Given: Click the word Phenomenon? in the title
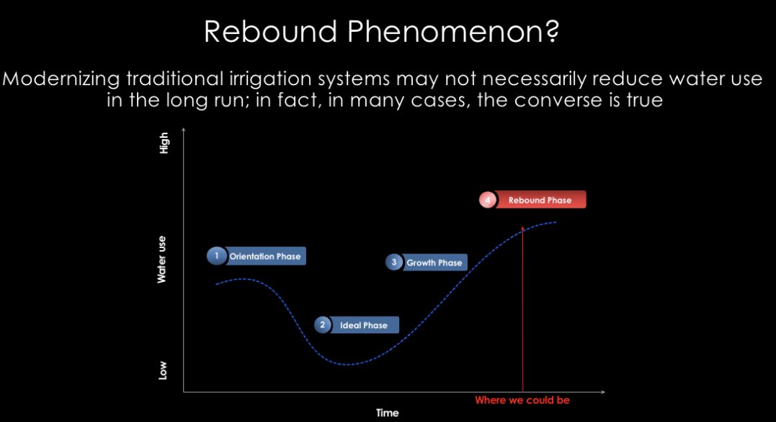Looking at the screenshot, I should pyautogui.click(x=455, y=32).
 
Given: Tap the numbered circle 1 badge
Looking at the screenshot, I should pyautogui.click(x=215, y=256).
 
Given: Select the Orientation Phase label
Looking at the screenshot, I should pyautogui.click(x=264, y=256).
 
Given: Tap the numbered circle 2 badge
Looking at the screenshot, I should pyautogui.click(x=323, y=325).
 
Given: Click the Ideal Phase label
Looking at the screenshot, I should pyautogui.click(x=363, y=325).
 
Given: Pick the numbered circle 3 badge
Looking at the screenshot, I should pyautogui.click(x=394, y=263).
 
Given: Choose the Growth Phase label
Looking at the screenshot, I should pyautogui.click(x=434, y=263).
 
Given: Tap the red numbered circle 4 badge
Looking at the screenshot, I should pyautogui.click(x=488, y=200).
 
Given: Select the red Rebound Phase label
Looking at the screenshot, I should pyautogui.click(x=539, y=200).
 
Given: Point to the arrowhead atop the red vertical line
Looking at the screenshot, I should pyautogui.click(x=522, y=227).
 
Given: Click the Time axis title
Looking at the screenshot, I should pyautogui.click(x=387, y=413).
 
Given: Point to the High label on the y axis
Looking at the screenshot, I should pyautogui.click(x=164, y=142).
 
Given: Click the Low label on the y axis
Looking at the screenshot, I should pyautogui.click(x=164, y=371).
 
